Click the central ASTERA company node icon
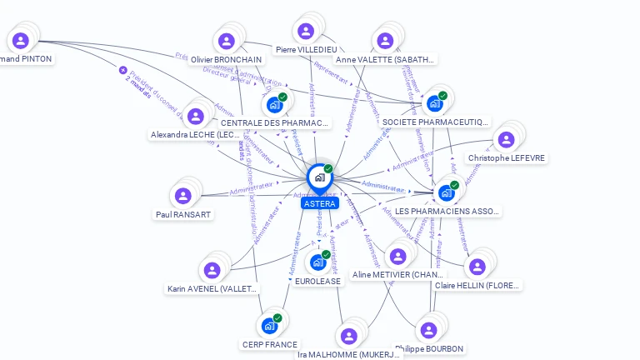[319, 177]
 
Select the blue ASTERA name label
[320, 203]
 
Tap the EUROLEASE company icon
[317, 262]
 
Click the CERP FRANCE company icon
[269, 325]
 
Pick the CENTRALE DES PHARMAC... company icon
[274, 105]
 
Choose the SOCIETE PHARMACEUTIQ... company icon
[434, 103]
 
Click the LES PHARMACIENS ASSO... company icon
[447, 192]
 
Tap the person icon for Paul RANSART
[183, 195]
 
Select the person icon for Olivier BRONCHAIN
[226, 41]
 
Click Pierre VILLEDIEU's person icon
[306, 31]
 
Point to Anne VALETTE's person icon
[385, 40]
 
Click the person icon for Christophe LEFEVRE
[503, 140]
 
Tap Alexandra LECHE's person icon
[196, 116]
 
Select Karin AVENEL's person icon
[212, 270]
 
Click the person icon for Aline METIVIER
[397, 256]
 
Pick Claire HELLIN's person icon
[477, 267]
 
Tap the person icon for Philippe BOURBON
[428, 330]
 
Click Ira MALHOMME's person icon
[348, 336]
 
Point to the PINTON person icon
[21, 40]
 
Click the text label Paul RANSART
[183, 214]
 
